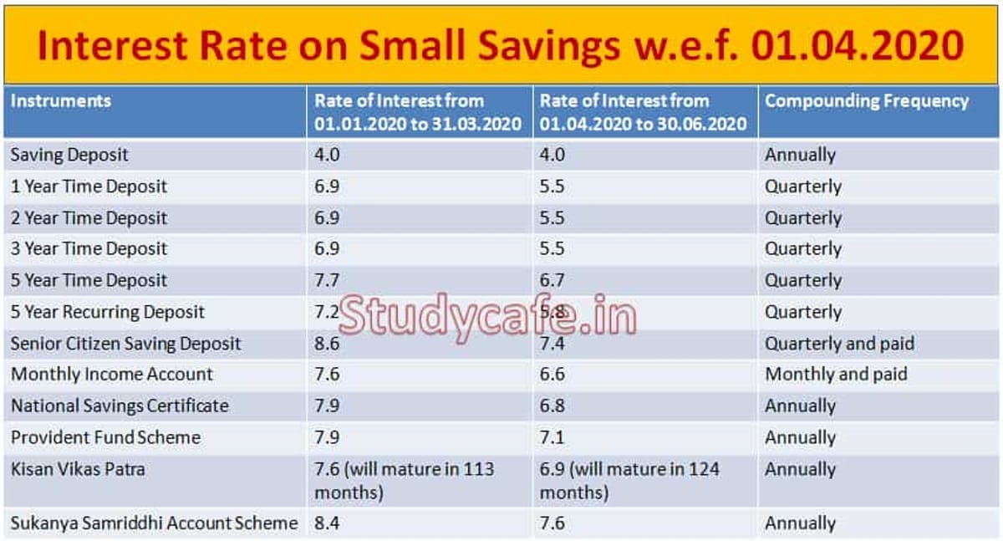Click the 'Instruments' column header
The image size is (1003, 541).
point(60,101)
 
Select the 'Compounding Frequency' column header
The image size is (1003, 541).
point(867,101)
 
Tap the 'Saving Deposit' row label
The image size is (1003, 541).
point(69,155)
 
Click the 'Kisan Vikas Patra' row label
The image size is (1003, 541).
point(78,469)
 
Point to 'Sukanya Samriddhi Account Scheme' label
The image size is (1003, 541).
point(154,523)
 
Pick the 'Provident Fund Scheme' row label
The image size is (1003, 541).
point(105,437)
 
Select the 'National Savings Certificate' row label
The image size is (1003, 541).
point(120,406)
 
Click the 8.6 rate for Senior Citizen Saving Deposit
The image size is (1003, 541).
point(327,343)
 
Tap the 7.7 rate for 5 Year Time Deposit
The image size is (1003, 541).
point(327,280)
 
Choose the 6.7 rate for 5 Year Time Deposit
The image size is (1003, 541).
point(552,280)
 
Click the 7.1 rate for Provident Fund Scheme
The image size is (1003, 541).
point(552,437)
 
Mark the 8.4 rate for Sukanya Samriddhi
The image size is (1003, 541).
point(327,523)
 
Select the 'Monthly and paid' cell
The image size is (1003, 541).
point(836,374)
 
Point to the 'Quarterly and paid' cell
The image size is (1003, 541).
point(839,343)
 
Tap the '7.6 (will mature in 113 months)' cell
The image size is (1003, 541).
point(404,481)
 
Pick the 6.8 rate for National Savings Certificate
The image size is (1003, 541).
point(552,406)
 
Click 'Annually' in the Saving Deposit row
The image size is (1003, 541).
point(800,155)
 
